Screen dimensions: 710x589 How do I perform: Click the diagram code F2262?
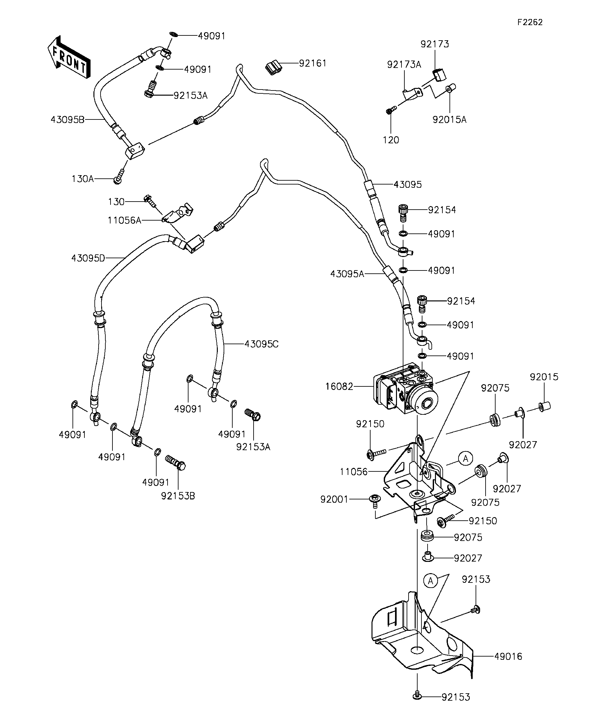pos(530,22)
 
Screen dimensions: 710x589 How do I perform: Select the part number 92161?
pos(313,63)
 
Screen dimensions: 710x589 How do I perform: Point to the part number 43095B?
pos(67,119)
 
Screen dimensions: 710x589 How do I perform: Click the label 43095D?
pos(88,258)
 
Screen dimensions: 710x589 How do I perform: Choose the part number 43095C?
pos(261,344)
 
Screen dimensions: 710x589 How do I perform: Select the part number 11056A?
pos(124,221)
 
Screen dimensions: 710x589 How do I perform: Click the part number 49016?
pos(508,657)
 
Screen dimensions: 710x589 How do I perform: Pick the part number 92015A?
pos(449,120)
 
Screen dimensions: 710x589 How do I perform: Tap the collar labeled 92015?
pos(544,406)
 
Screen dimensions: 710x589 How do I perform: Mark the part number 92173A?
pos(404,65)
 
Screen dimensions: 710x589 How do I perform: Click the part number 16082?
pos(339,386)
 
